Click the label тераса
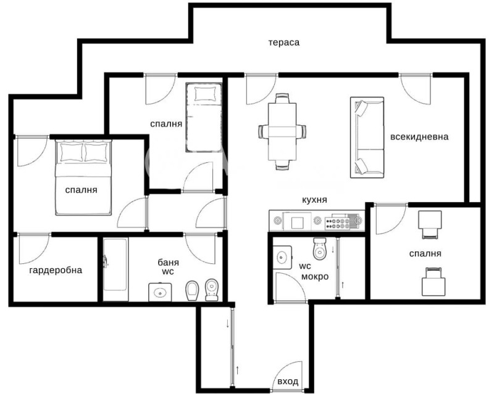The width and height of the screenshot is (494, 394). [x=283, y=43]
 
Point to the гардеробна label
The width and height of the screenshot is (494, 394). [x=56, y=270]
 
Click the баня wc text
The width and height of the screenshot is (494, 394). [x=168, y=266]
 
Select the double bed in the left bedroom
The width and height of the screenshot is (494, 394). [x=84, y=179]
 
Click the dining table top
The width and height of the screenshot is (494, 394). [x=282, y=131]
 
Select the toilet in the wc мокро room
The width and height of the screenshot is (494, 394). [x=320, y=248]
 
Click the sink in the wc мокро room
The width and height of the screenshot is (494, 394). [x=283, y=256]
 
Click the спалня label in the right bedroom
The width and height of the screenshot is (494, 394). [x=425, y=253]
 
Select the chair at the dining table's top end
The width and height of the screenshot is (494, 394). [x=282, y=100]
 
